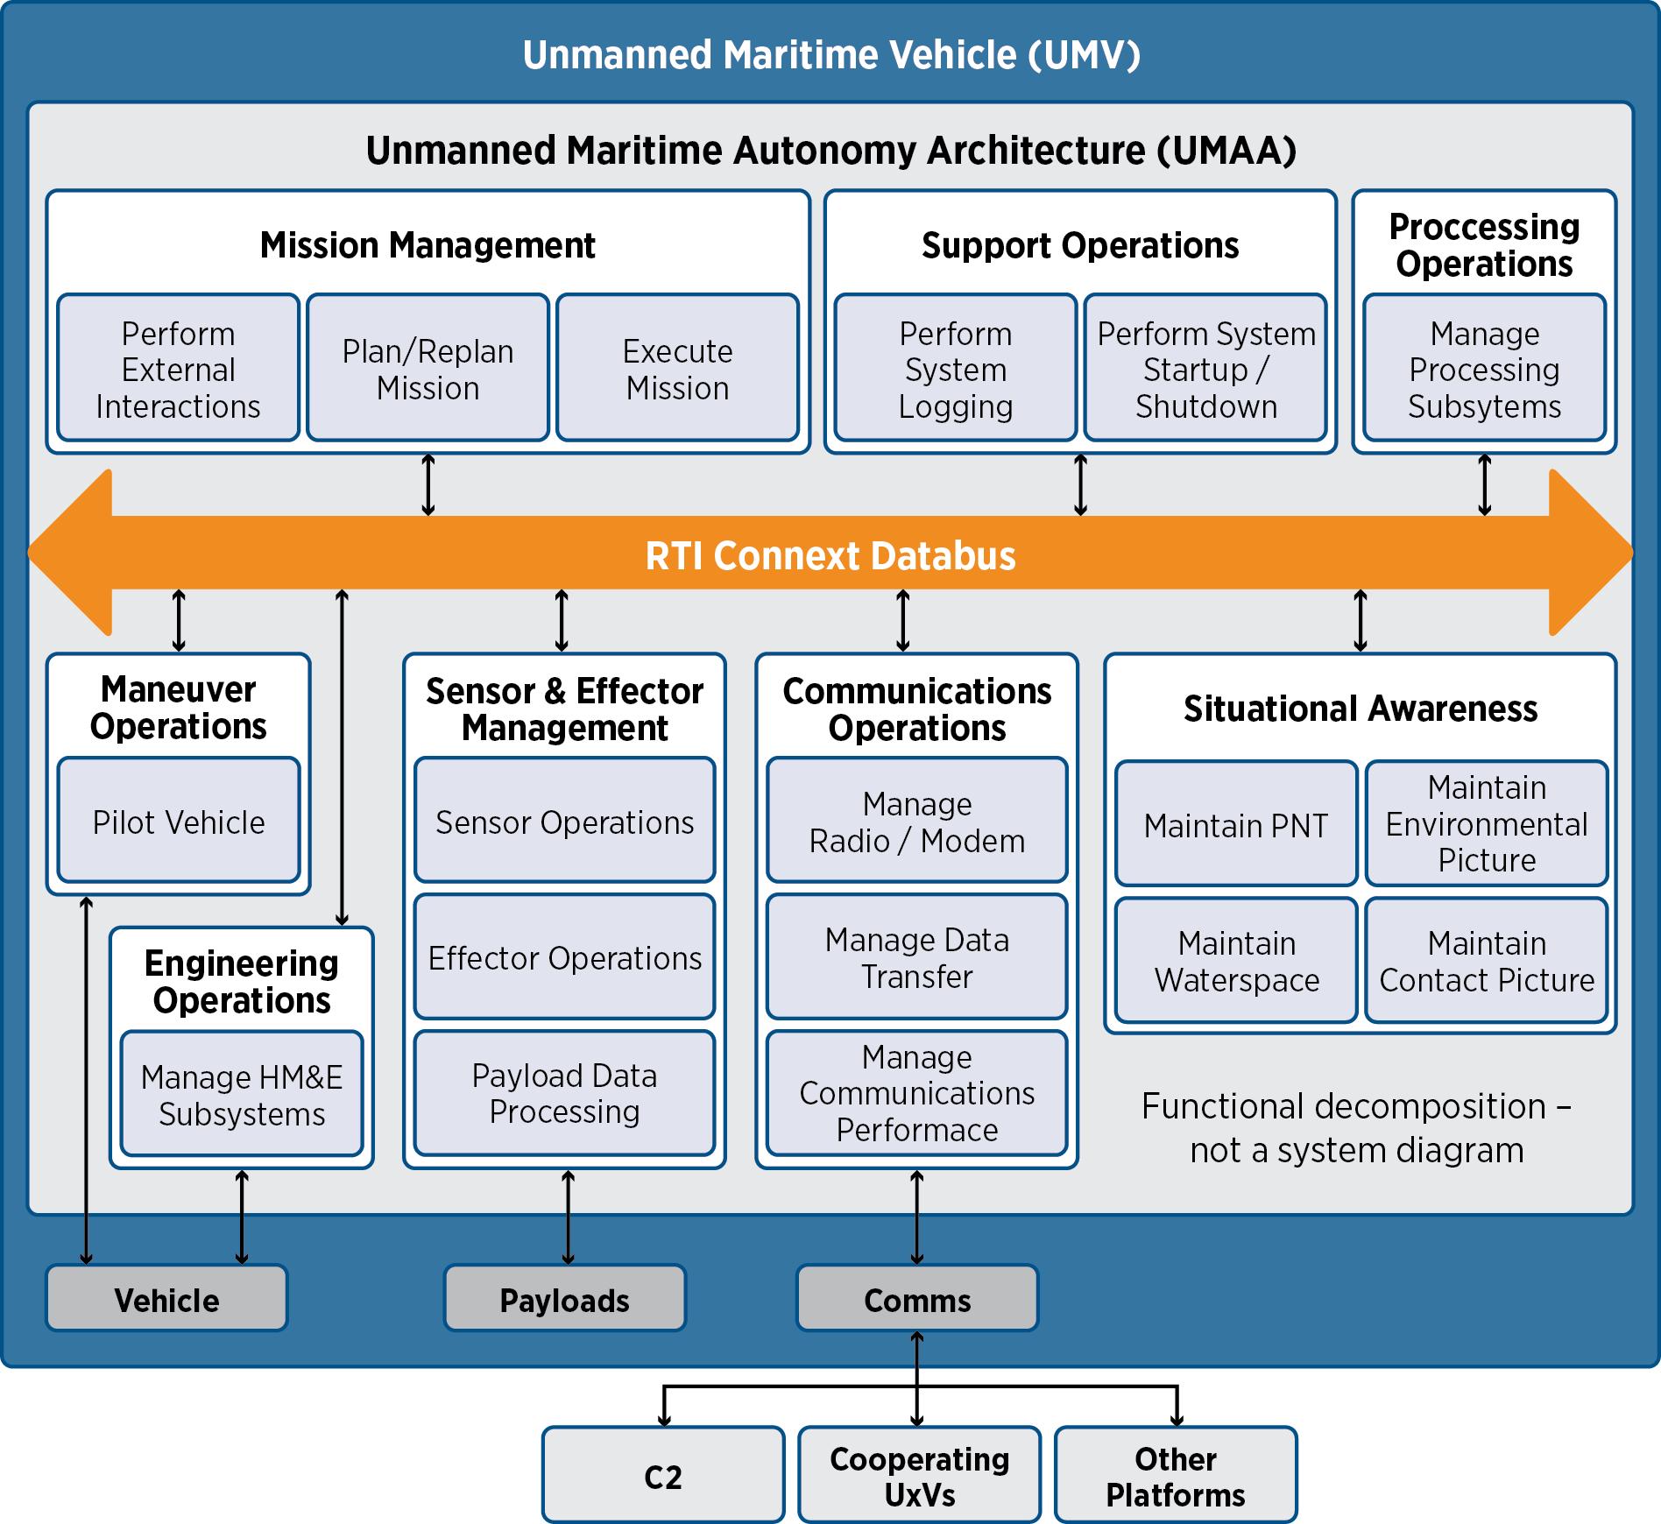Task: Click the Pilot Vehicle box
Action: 179,821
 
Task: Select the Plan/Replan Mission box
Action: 428,369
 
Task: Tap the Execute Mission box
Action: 677,369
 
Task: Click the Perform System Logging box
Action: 955,369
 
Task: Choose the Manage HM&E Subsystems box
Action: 242,1094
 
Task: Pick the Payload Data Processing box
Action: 564,1093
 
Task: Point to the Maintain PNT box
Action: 1236,824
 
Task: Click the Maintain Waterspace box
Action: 1236,961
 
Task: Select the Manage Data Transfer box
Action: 916,957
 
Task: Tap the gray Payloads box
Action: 564,1300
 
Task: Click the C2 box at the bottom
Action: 663,1477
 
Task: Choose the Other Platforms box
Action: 1176,1477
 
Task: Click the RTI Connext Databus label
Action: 830,556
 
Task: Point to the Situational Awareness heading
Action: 1361,709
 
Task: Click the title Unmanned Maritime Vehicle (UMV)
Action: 831,55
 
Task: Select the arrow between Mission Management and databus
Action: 428,484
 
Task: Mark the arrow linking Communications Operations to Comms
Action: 917,1217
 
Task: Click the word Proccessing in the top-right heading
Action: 1484,227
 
